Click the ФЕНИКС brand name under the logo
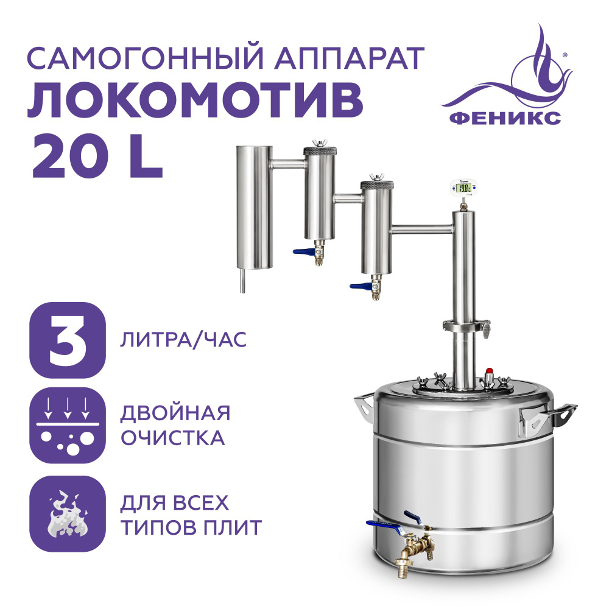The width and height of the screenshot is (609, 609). point(505,118)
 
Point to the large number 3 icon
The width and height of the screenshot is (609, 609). point(68,340)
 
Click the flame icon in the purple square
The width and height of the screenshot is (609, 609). point(68,513)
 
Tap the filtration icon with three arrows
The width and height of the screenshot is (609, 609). point(68,425)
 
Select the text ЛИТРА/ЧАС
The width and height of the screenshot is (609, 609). point(183,340)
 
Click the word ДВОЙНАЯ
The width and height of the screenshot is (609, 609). point(175,414)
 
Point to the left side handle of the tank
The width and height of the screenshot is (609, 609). point(364,408)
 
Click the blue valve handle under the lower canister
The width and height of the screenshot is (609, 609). point(360,287)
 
